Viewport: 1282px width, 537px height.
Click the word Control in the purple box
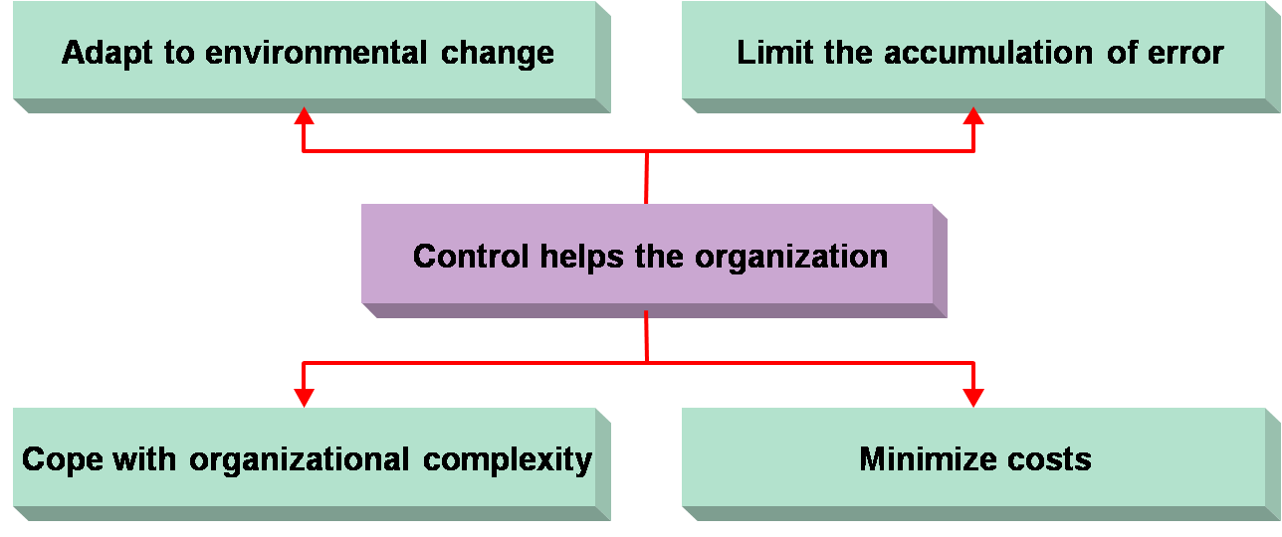[x=471, y=257]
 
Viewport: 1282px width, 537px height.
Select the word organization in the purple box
[x=790, y=257]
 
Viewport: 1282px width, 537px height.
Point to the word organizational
[x=299, y=460]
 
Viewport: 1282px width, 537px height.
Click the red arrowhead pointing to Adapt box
[x=305, y=115]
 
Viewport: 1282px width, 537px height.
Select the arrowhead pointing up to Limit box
[x=973, y=115]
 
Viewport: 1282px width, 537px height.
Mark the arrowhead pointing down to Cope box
[x=305, y=397]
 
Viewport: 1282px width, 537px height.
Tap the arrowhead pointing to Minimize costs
[x=973, y=397]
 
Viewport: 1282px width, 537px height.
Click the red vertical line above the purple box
[x=647, y=179]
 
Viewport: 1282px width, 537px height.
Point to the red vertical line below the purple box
[x=647, y=335]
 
